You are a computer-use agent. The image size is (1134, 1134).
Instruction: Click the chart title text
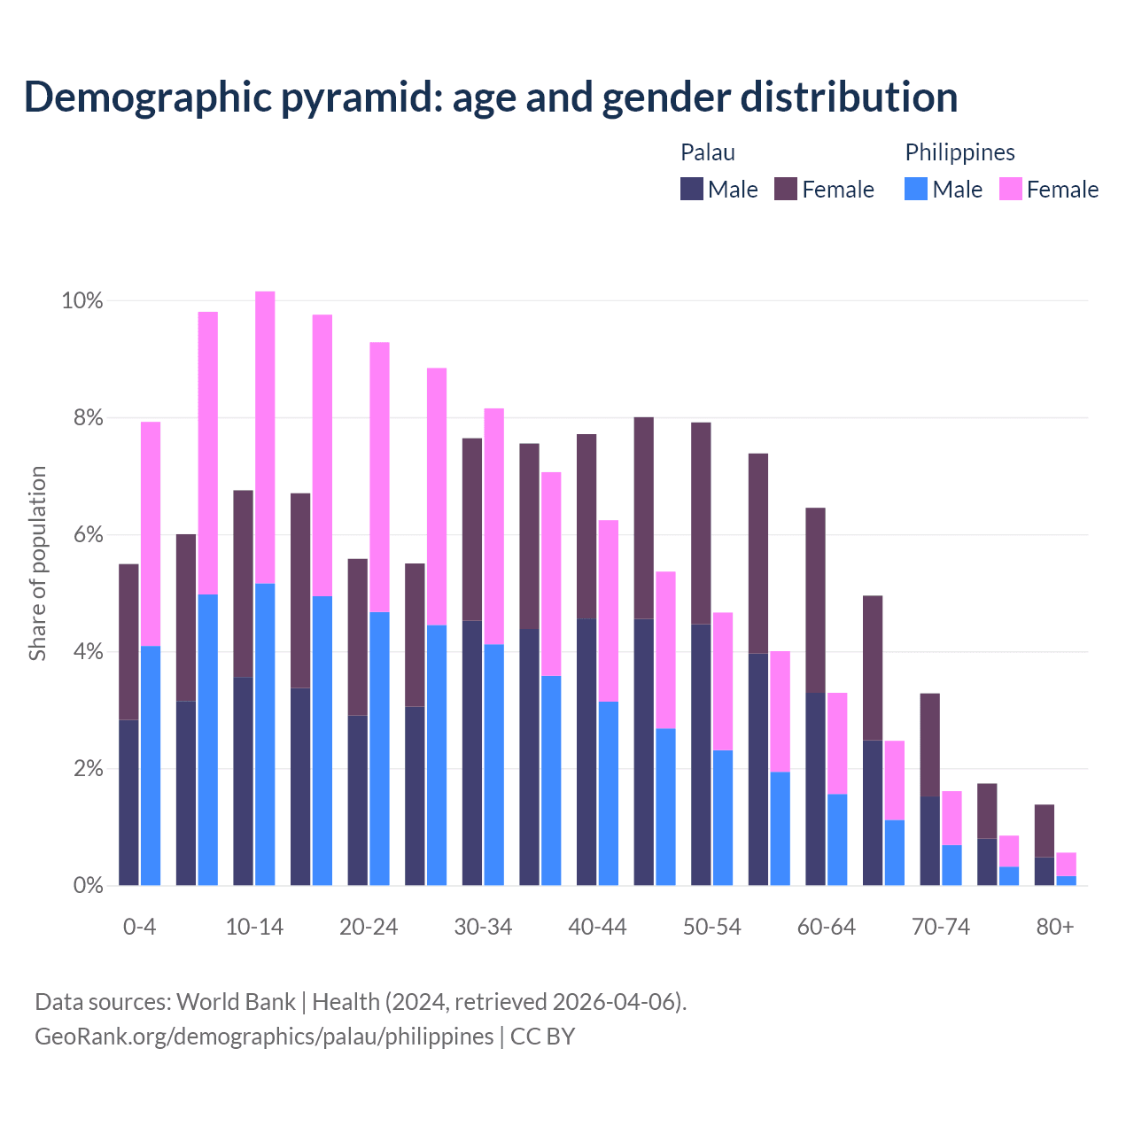[491, 97]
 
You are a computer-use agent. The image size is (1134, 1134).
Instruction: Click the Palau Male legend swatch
[692, 189]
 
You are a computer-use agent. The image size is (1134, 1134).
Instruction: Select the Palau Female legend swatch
[786, 189]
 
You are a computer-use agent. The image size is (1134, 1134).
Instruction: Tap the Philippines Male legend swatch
[916, 189]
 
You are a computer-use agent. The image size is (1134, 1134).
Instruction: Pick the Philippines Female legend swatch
[1011, 189]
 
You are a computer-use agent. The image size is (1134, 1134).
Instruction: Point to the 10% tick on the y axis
[82, 301]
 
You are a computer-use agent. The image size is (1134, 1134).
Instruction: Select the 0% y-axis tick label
[88, 885]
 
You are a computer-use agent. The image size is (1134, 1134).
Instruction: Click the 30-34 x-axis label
[483, 928]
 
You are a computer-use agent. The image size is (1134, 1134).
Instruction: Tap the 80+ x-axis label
[1055, 928]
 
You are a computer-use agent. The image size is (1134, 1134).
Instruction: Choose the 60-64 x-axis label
[827, 928]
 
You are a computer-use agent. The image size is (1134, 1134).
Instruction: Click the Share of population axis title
[37, 564]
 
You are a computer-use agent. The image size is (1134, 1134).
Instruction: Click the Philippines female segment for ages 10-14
[265, 437]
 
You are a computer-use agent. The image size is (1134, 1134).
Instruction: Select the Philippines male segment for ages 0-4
[151, 765]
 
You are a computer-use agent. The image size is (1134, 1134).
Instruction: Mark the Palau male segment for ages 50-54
[701, 754]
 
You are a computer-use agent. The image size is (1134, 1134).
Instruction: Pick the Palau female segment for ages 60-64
[815, 600]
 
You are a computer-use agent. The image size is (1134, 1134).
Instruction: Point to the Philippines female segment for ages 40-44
[609, 610]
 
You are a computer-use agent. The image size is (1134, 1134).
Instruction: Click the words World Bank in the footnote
[236, 1002]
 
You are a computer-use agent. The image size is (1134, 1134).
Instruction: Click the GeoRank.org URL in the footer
[264, 1037]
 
